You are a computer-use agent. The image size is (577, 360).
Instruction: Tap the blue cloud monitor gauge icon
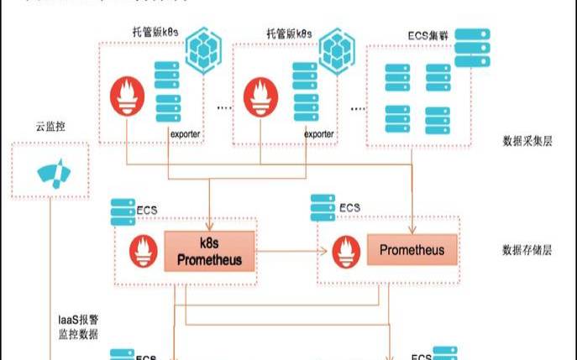point(51,173)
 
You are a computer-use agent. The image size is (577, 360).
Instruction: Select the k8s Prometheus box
point(209,251)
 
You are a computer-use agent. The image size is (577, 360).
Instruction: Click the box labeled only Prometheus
point(412,250)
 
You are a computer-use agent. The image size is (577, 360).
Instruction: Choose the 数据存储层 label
point(526,250)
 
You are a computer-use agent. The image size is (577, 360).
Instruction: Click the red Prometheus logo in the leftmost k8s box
point(126,97)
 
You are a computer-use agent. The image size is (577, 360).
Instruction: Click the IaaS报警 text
point(73,320)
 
